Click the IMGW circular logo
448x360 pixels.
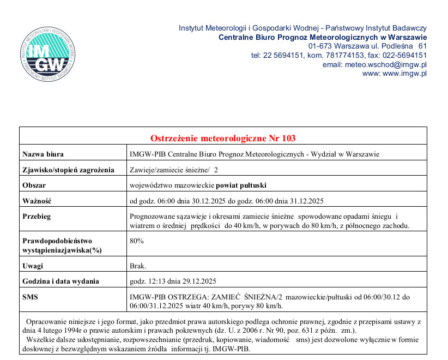tap(46, 53)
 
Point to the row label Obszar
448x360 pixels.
tap(34, 185)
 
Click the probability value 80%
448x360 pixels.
tap(136, 240)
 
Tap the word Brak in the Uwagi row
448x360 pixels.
tap(137, 266)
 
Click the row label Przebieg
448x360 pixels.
tap(37, 216)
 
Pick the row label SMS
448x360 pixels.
tap(31, 297)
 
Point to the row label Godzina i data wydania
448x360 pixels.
tap(60, 281)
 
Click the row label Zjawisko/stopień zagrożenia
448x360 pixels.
tap(68, 170)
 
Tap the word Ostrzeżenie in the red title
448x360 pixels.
tap(179, 139)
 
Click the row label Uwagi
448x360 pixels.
tap(33, 266)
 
